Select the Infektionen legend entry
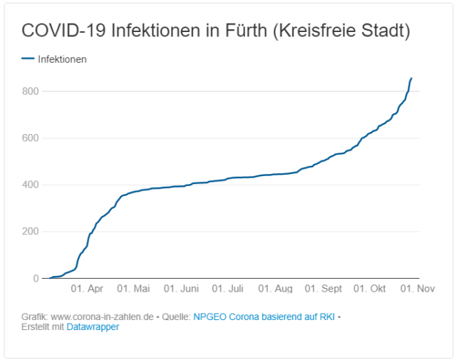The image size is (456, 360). pyautogui.click(x=62, y=59)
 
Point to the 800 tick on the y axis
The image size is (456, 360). pyautogui.click(x=28, y=91)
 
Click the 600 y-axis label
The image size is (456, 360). pyautogui.click(x=28, y=138)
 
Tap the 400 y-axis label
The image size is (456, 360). pyautogui.click(x=28, y=185)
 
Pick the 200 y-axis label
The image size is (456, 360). pyautogui.click(x=28, y=232)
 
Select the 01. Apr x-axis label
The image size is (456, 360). pyautogui.click(x=87, y=289)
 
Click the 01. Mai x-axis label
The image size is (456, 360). pyautogui.click(x=133, y=289)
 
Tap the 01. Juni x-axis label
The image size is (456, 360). pyautogui.click(x=181, y=289)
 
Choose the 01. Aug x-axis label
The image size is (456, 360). pyautogui.click(x=275, y=289)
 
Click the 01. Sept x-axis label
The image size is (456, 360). pyautogui.click(x=323, y=289)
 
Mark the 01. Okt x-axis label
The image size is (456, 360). pyautogui.click(x=370, y=289)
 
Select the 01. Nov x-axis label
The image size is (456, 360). pyautogui.click(x=416, y=289)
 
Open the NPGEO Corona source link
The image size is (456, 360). pyautogui.click(x=264, y=317)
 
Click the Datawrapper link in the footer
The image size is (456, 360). pyautogui.click(x=93, y=327)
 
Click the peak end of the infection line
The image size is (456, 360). pyautogui.click(x=411, y=78)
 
